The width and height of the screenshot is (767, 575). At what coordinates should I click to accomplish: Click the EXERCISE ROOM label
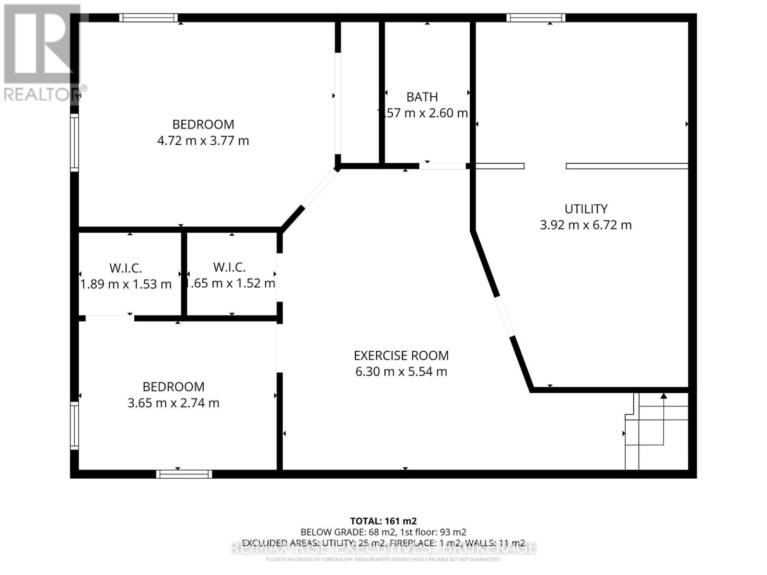(x=401, y=356)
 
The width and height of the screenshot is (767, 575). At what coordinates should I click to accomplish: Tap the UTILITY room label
(x=586, y=209)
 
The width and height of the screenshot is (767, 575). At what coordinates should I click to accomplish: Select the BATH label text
(x=422, y=97)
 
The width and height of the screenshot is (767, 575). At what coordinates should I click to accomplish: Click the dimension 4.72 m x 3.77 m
(x=203, y=141)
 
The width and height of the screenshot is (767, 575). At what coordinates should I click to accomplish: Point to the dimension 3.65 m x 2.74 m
(x=173, y=403)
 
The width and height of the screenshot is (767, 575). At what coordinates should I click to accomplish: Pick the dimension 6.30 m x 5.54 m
(x=401, y=372)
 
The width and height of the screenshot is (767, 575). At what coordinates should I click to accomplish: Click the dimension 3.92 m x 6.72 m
(x=586, y=225)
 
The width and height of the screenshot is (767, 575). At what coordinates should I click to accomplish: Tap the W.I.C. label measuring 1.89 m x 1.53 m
(x=126, y=268)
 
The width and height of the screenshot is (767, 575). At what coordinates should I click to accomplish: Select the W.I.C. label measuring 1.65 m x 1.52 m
(x=230, y=267)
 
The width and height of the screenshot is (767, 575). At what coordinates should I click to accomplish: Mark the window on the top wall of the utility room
(x=536, y=18)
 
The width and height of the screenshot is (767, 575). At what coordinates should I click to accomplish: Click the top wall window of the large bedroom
(x=149, y=18)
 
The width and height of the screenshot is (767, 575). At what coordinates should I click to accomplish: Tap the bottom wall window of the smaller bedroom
(x=184, y=474)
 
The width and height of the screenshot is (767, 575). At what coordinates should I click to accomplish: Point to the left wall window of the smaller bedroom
(x=74, y=425)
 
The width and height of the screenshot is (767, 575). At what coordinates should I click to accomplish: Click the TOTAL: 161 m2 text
(x=383, y=521)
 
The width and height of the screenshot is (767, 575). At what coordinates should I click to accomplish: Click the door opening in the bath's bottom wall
(x=442, y=166)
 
